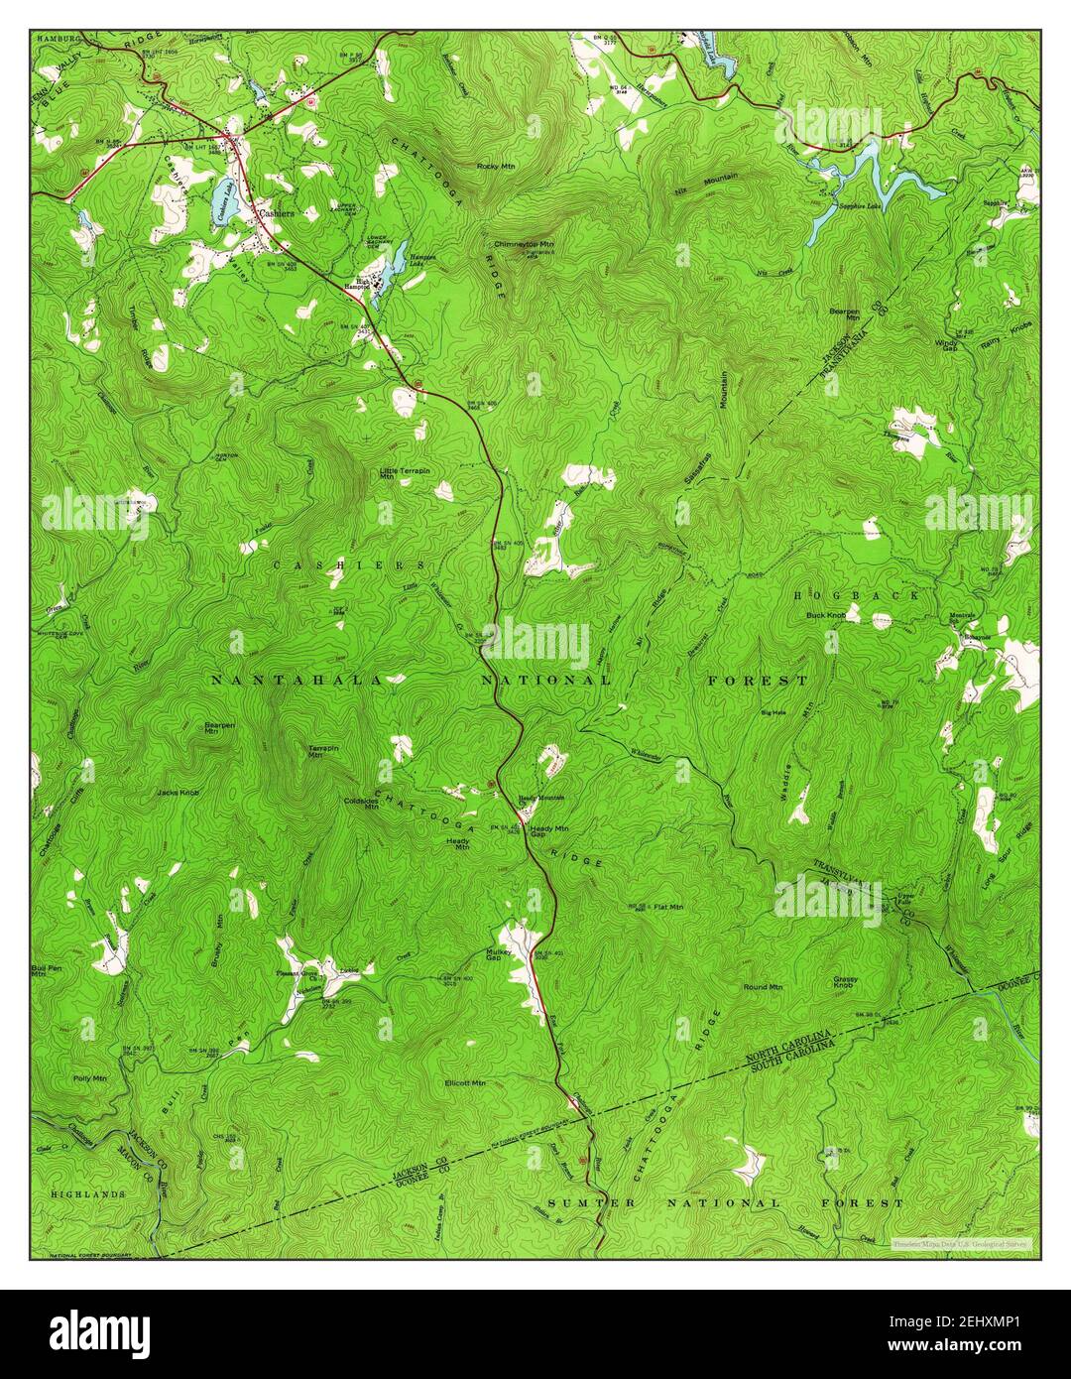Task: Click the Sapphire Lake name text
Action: pos(859,207)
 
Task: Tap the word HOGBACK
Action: pos(856,595)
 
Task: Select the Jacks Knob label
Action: pos(178,793)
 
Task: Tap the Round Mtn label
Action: pos(763,987)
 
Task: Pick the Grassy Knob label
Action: pos(845,982)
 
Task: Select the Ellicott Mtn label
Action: pos(465,1082)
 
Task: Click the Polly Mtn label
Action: pos(89,1076)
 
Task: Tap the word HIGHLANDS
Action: pos(88,1194)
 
